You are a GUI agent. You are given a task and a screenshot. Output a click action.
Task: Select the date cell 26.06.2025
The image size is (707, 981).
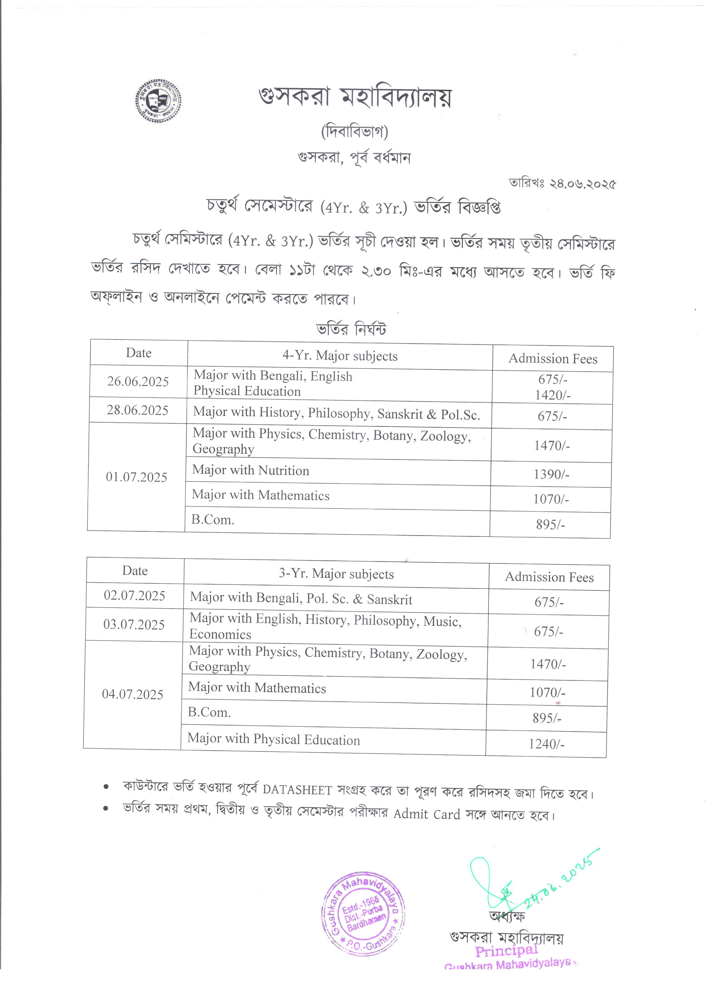coord(138,382)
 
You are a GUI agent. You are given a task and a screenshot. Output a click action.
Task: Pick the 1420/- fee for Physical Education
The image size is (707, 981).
coord(553,395)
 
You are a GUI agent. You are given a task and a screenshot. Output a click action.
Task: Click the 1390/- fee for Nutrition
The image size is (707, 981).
coord(551,474)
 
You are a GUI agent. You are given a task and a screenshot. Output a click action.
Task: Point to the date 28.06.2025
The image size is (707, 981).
coord(138,410)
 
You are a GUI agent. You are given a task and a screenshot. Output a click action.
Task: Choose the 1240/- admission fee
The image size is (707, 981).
coord(546,744)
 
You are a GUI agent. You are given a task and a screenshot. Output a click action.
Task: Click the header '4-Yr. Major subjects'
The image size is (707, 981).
coord(340,356)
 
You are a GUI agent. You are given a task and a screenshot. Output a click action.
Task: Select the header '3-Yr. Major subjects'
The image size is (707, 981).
coord(336,574)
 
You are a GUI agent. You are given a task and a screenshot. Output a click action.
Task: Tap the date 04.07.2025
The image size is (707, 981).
coord(133,695)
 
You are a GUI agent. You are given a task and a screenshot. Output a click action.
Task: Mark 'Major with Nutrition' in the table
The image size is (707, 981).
coord(251,470)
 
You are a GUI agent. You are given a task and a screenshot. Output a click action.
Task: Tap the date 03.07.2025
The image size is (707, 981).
coord(134,625)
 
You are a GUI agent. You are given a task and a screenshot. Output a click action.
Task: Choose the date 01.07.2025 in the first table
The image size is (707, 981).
coord(137,477)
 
